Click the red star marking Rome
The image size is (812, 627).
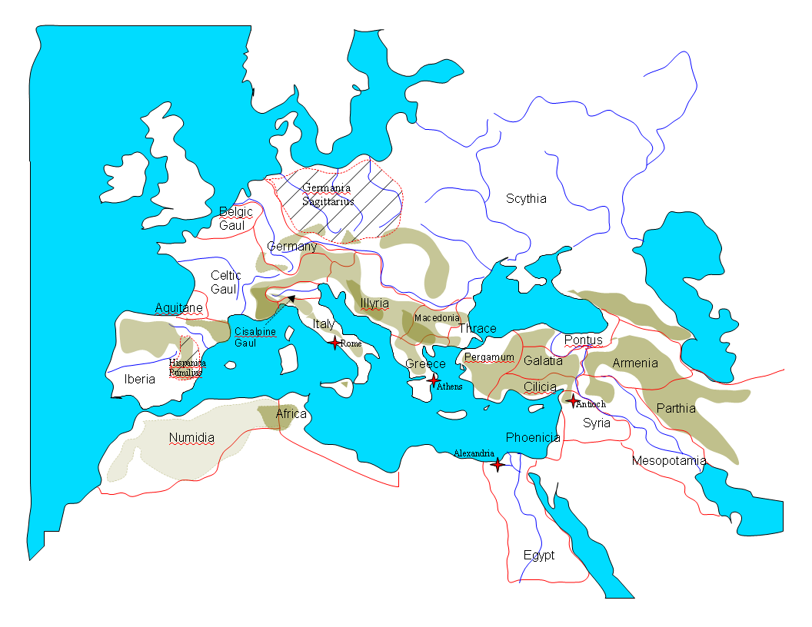(x=334, y=343)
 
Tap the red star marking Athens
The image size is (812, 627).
(x=434, y=380)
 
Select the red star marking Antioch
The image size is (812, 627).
(x=572, y=400)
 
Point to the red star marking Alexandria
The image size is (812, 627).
(x=498, y=464)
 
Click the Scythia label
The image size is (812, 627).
(x=526, y=199)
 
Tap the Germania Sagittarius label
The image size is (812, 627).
(x=328, y=194)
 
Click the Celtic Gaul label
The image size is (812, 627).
(x=225, y=282)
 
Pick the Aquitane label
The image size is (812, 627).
(x=178, y=308)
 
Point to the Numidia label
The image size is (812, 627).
(x=191, y=438)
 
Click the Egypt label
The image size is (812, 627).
(x=538, y=555)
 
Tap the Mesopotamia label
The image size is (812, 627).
(x=668, y=461)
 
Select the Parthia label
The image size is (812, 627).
(x=676, y=408)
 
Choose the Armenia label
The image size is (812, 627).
(x=635, y=363)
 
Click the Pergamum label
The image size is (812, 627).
(x=489, y=357)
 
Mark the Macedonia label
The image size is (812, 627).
(x=437, y=317)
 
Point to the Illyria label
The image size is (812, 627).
(x=374, y=304)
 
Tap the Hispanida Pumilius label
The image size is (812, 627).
(x=188, y=367)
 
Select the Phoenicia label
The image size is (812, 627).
(x=533, y=438)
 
